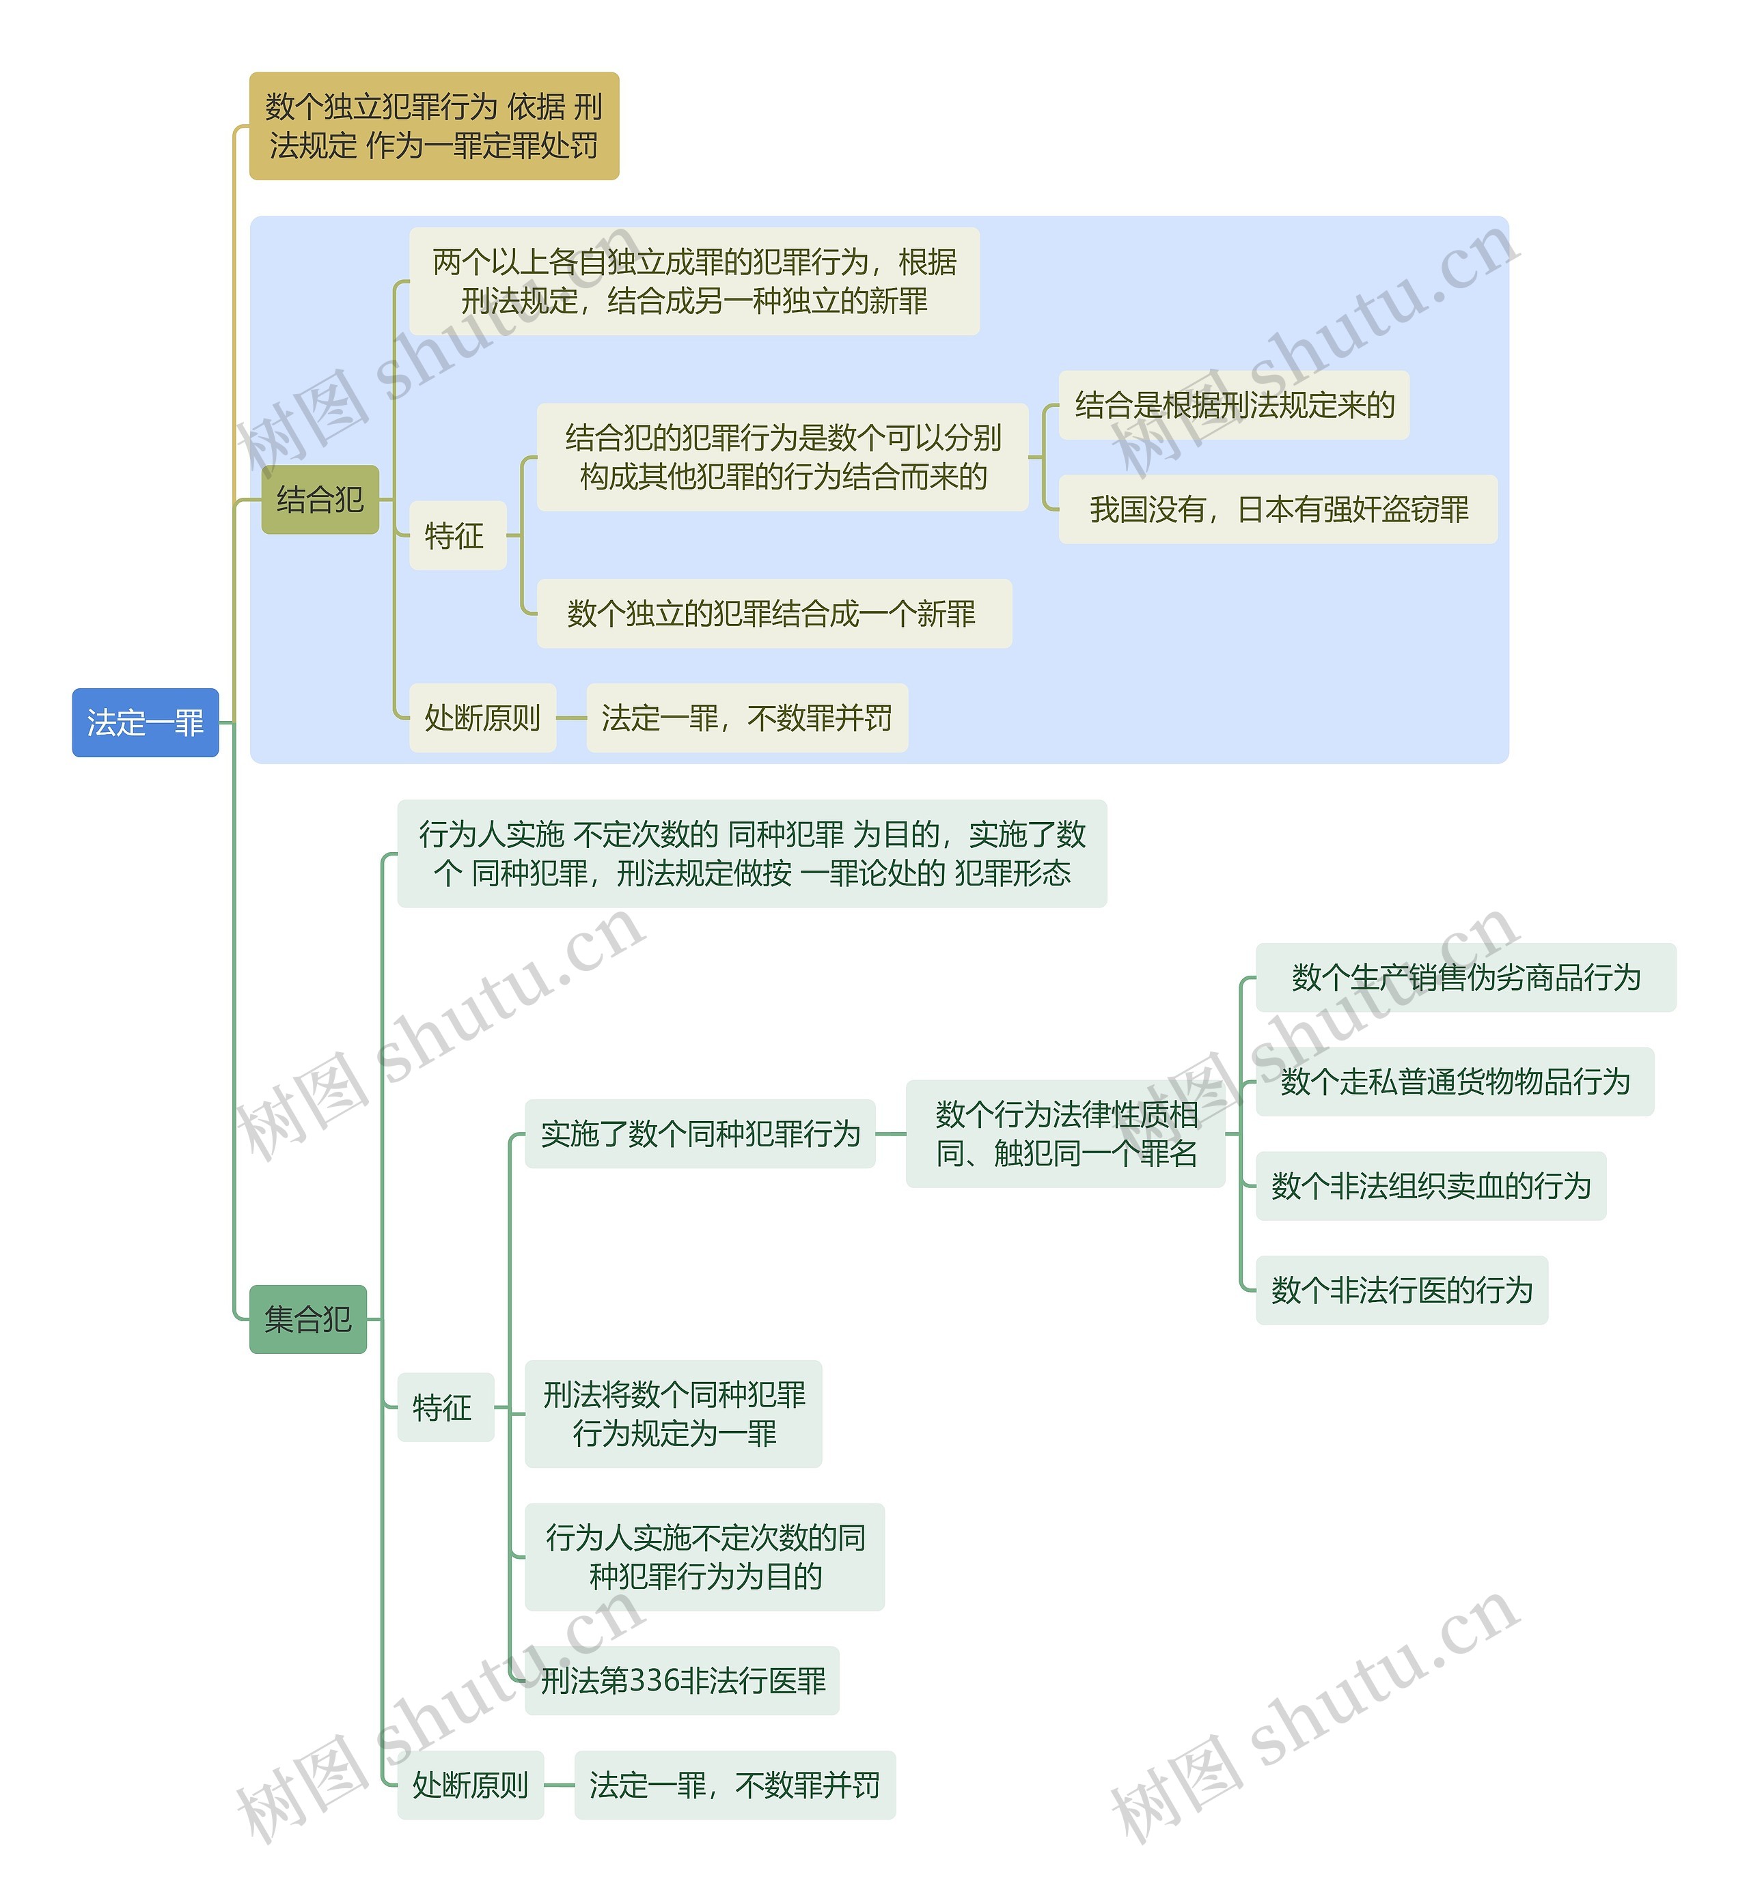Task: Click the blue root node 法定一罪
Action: coord(145,723)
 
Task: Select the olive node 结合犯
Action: coord(320,500)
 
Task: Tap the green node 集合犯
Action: coord(307,1318)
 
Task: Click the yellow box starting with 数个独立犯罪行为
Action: coord(433,126)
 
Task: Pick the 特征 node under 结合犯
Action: coord(457,535)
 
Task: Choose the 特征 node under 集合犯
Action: coord(445,1407)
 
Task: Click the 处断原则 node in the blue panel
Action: coord(482,718)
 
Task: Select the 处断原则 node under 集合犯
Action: coord(470,1785)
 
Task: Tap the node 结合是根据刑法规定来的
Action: coord(1233,405)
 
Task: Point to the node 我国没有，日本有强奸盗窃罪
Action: coord(1277,509)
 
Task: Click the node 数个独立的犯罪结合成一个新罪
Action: coord(773,613)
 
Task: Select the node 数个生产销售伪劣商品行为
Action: coord(1465,977)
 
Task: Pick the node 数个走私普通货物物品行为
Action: coord(1454,1082)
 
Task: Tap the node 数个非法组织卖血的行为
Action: coord(1430,1185)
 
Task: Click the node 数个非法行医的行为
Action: coord(1401,1289)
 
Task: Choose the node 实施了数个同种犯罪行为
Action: coord(700,1133)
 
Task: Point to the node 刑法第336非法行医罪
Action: coord(683,1680)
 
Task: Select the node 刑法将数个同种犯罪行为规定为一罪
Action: coord(673,1413)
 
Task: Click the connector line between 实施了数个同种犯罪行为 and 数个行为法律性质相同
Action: coord(891,1133)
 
